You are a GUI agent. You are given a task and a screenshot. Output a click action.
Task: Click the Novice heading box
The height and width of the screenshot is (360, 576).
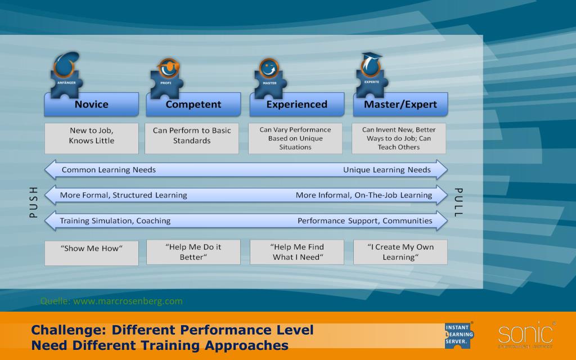(x=91, y=105)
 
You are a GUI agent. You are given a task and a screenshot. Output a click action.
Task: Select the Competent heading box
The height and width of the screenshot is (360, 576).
(x=193, y=105)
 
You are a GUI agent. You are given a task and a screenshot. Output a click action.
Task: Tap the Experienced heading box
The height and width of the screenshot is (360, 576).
(x=296, y=105)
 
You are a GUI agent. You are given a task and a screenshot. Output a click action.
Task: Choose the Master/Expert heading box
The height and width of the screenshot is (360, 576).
(x=400, y=105)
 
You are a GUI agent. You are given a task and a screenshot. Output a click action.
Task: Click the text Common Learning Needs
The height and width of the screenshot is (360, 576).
(x=109, y=170)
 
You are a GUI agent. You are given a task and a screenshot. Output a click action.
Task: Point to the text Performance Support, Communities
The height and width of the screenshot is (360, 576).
(x=364, y=221)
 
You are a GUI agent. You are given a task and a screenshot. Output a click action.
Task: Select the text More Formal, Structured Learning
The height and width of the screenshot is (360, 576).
(x=123, y=195)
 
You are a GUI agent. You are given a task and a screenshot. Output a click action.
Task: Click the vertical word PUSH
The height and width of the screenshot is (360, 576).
(x=33, y=202)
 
